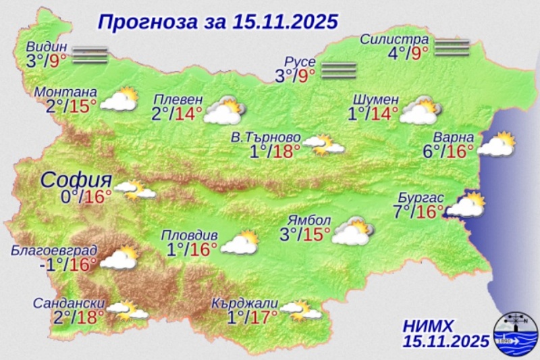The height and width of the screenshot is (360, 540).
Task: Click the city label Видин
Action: coord(47,47)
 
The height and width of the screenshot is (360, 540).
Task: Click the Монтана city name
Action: coord(65,92)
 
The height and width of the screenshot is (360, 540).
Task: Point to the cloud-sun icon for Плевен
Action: coord(224,111)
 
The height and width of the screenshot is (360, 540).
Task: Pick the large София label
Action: coord(76,180)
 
